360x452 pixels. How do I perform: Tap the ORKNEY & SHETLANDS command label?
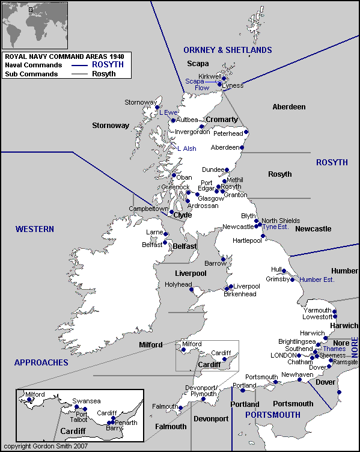[x=228, y=50]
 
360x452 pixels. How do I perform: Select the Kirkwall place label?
[x=210, y=76]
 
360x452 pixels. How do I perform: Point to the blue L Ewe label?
[x=168, y=112]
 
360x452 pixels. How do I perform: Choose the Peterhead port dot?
[x=246, y=132]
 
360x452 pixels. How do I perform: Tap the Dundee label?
[x=213, y=170]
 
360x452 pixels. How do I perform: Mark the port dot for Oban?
[x=174, y=176]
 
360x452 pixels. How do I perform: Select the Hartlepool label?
[x=248, y=240]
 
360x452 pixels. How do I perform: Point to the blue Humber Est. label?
[x=317, y=279]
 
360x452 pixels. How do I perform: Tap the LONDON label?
[x=284, y=355]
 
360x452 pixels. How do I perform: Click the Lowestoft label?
[x=317, y=316]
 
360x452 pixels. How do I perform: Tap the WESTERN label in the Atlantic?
[x=35, y=229]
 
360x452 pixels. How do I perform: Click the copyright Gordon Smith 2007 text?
[x=45, y=447]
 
